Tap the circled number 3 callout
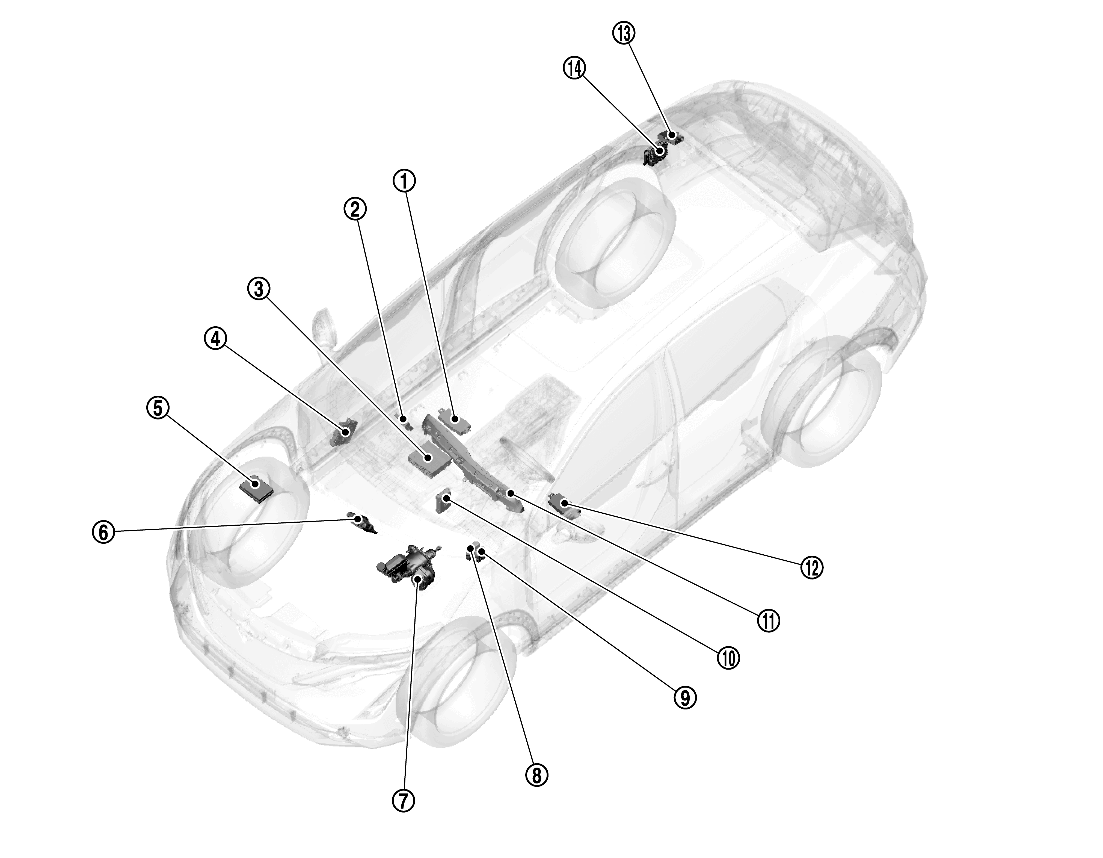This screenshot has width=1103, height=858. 259,289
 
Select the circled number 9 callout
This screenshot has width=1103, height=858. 685,697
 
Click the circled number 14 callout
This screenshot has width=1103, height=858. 574,69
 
